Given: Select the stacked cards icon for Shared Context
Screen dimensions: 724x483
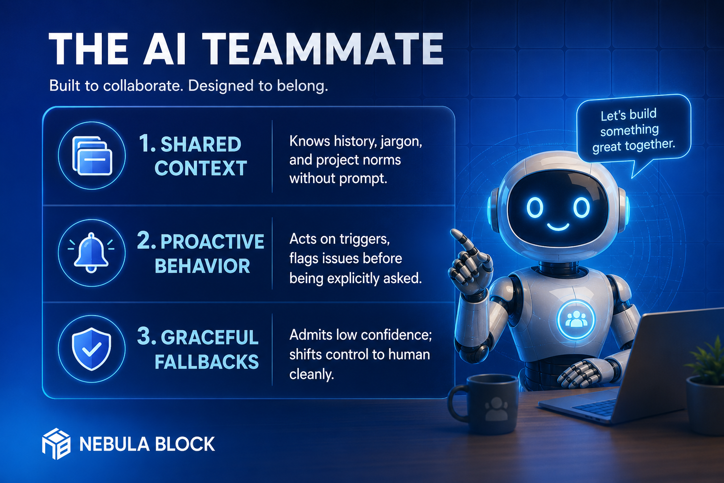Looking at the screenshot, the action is [x=92, y=155].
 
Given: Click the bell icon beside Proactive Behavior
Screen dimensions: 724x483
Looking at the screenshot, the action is [x=91, y=253].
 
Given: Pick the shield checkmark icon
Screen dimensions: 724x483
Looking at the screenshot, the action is [x=92, y=349].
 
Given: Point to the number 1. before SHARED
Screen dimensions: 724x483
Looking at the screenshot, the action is [x=147, y=143].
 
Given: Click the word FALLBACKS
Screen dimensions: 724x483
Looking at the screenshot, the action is [x=206, y=362].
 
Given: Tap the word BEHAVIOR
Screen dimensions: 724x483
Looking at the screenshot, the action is [x=202, y=266].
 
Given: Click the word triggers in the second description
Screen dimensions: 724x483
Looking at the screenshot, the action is [x=364, y=240].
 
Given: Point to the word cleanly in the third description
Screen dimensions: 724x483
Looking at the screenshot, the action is [x=312, y=375].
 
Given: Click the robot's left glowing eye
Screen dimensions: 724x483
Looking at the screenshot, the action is [x=535, y=208].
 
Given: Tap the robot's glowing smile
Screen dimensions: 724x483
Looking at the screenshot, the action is [x=558, y=226].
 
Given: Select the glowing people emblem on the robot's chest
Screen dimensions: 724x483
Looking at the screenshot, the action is [x=576, y=319].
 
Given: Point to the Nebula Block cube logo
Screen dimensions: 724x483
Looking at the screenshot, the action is [x=56, y=444].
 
